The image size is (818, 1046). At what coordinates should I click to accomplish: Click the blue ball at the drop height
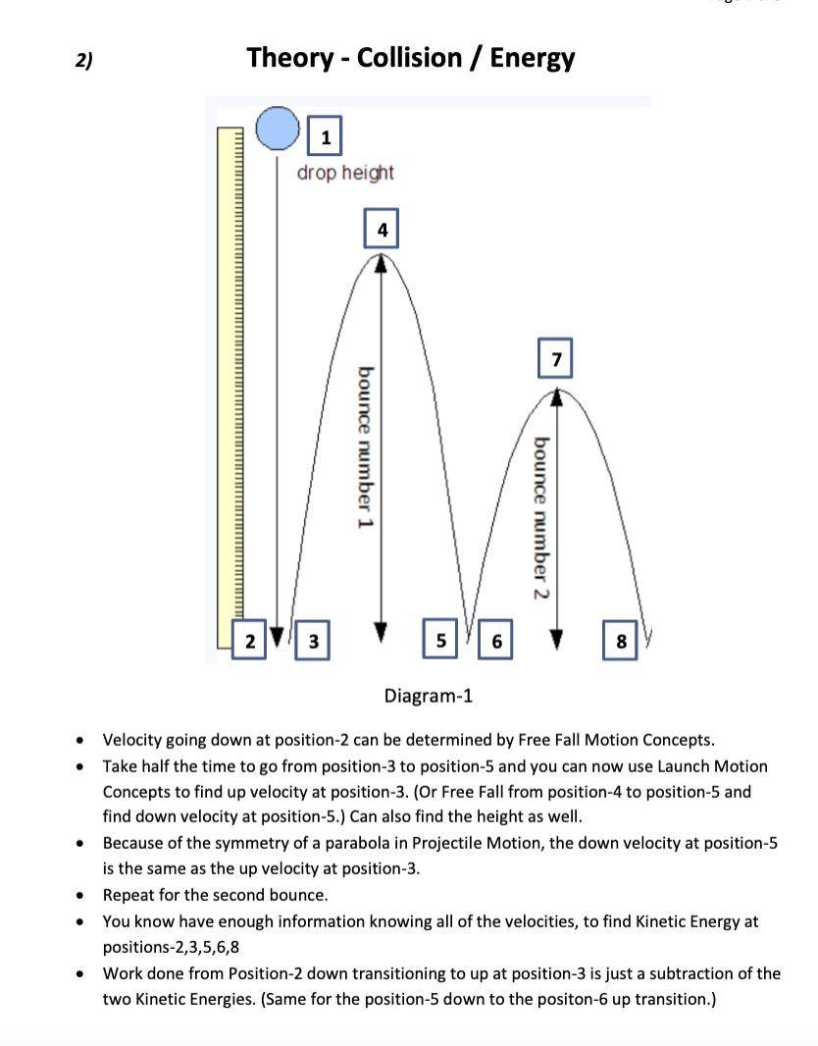pyautogui.click(x=277, y=128)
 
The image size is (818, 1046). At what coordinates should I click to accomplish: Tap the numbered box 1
pyautogui.click(x=326, y=136)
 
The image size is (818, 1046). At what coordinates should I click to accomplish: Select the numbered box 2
pyautogui.click(x=250, y=642)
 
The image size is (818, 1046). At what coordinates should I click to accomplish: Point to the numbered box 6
pyautogui.click(x=495, y=642)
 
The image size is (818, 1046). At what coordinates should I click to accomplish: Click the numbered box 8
pyautogui.click(x=621, y=642)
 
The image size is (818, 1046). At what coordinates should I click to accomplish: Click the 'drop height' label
pyautogui.click(x=345, y=173)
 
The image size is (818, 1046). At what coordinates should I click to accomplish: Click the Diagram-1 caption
pyautogui.click(x=429, y=697)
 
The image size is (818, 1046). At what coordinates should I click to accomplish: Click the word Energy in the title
pyautogui.click(x=532, y=58)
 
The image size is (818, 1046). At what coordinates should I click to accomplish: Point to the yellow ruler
pyautogui.click(x=230, y=383)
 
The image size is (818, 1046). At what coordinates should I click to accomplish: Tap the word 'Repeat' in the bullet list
pyautogui.click(x=132, y=895)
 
